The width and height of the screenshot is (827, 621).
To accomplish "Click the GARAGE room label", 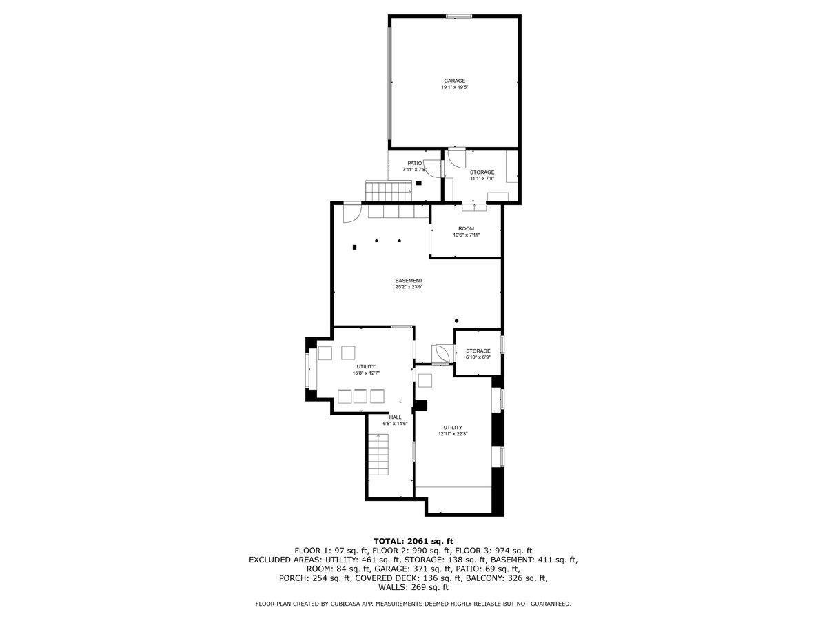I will [454, 81].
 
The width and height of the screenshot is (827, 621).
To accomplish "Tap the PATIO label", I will [414, 163].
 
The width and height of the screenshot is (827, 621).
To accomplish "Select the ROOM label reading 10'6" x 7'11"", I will [466, 228].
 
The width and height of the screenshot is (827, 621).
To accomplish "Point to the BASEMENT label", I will [409, 280].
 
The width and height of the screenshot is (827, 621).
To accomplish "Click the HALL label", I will [395, 417].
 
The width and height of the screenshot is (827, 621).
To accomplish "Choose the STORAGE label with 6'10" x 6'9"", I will [478, 351].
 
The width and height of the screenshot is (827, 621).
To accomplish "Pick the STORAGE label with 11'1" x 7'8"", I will [482, 172].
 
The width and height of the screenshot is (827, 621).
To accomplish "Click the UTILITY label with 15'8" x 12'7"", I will [365, 366].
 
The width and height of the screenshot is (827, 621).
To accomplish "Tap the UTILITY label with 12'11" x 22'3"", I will [453, 428].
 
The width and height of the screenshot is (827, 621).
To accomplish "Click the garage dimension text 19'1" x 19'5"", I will [454, 88].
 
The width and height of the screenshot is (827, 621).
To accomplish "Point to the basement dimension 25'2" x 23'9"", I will [409, 287].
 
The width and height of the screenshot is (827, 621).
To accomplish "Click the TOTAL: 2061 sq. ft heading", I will [413, 541].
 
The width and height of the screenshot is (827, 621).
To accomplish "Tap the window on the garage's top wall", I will [459, 16].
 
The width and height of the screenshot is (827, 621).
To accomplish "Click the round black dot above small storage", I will [457, 321].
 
